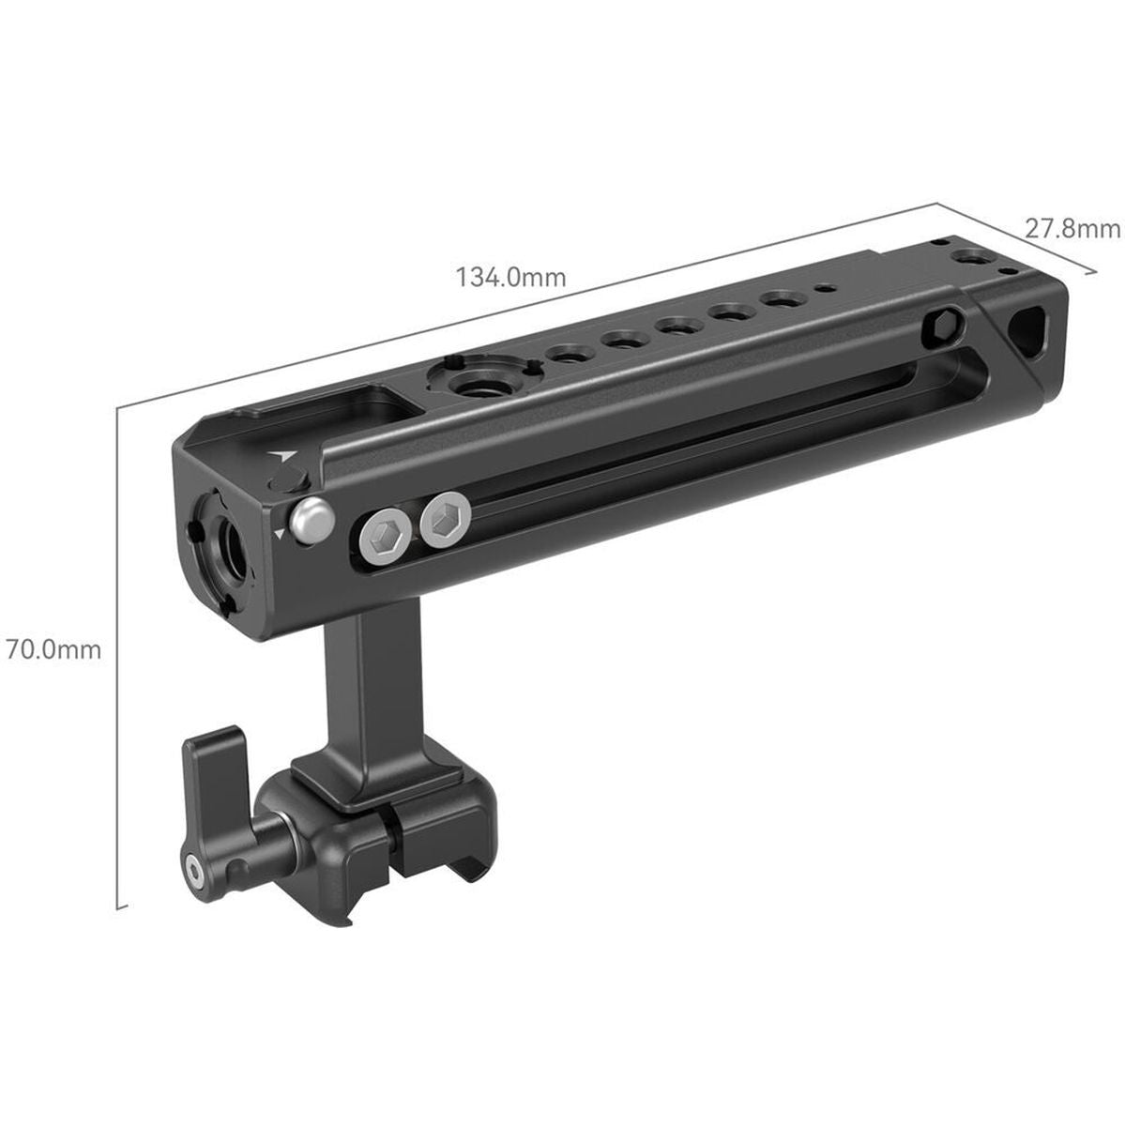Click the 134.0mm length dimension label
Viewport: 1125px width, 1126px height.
pos(510,277)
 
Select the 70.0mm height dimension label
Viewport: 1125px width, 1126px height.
pos(53,648)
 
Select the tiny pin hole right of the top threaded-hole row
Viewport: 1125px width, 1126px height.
pos(823,290)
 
